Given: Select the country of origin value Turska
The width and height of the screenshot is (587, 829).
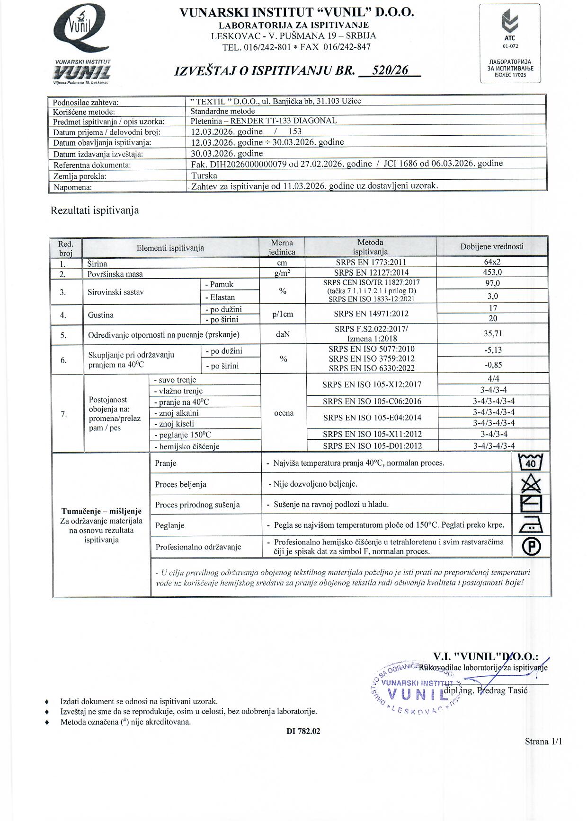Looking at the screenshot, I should pyautogui.click(x=204, y=175).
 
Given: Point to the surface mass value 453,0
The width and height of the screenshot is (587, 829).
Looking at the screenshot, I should pyautogui.click(x=492, y=272).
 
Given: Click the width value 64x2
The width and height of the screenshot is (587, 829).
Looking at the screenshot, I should pyautogui.click(x=492, y=262).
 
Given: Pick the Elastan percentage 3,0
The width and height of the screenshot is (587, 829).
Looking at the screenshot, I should pyautogui.click(x=492, y=297).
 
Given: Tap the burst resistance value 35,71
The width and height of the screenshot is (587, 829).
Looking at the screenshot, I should pyautogui.click(x=492, y=334).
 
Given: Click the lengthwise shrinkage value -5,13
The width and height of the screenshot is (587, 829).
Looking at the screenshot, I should pyautogui.click(x=493, y=350).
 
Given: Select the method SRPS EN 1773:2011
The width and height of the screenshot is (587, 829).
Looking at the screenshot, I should pyautogui.click(x=370, y=262).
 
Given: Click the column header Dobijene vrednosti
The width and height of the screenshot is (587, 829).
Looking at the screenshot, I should pyautogui.click(x=492, y=246).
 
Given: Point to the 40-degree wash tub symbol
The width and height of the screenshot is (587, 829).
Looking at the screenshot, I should pyautogui.click(x=531, y=462).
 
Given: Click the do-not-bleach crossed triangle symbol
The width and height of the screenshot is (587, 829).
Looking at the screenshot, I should pyautogui.click(x=531, y=484).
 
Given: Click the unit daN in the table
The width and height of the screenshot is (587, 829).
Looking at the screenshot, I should pyautogui.click(x=283, y=334).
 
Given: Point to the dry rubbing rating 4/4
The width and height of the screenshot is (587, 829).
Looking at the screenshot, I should pyautogui.click(x=493, y=379).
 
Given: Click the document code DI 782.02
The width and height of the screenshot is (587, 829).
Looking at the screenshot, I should pyautogui.click(x=303, y=731).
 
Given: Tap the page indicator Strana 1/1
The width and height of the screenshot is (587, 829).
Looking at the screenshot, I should pyautogui.click(x=543, y=742).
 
